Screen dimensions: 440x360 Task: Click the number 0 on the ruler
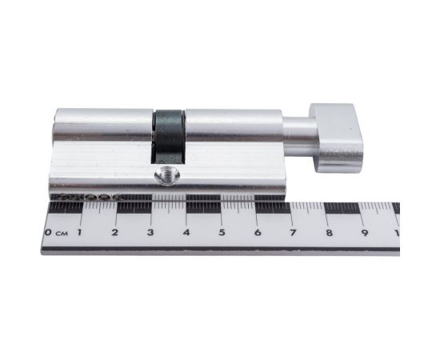[48, 232]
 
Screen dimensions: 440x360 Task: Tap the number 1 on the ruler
[80, 232]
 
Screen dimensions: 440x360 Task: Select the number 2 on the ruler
[114, 232]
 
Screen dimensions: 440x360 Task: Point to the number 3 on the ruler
[150, 232]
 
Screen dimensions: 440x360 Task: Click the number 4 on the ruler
[186, 232]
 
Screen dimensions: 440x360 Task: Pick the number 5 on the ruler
[222, 232]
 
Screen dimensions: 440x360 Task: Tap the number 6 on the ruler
[258, 232]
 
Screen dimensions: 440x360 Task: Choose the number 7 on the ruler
[294, 232]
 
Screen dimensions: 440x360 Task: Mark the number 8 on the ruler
[329, 232]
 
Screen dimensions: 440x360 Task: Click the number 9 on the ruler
[365, 232]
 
